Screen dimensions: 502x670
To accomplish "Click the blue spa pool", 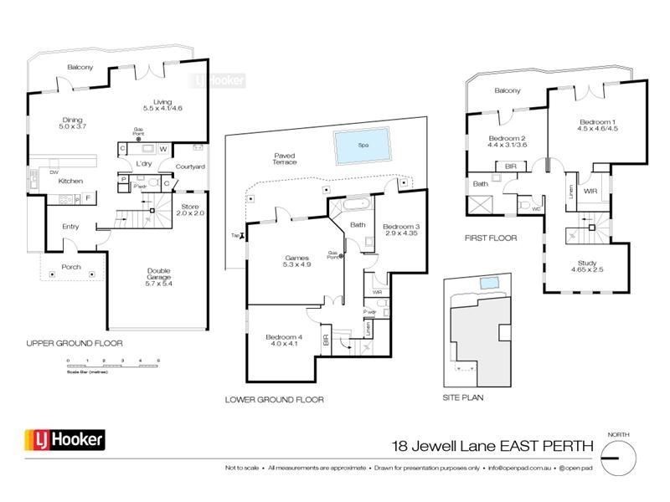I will click(363, 146).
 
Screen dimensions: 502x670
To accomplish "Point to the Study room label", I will click(585, 265).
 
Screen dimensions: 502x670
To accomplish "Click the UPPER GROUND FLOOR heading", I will click(75, 343).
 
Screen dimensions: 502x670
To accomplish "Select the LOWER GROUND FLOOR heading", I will click(274, 400).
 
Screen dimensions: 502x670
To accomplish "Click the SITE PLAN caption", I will click(462, 397).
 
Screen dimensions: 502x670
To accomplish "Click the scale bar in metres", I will click(112, 365).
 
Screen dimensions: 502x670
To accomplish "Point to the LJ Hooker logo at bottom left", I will click(62, 440).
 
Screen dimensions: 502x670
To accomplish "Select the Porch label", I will click(71, 268).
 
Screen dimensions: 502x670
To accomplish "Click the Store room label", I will click(190, 209).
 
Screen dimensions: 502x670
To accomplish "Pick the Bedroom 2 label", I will click(507, 141).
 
